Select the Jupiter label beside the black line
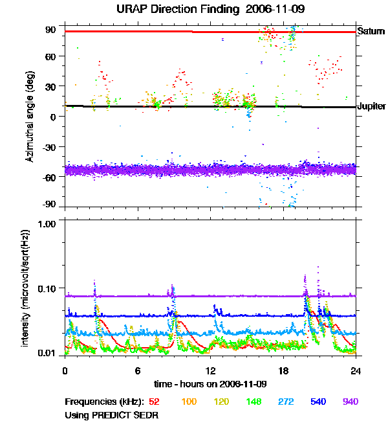(372, 106)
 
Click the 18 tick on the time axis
(283, 370)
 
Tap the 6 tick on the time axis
(138, 370)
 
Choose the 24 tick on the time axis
(356, 370)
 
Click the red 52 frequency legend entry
(154, 402)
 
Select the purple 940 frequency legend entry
(350, 402)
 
